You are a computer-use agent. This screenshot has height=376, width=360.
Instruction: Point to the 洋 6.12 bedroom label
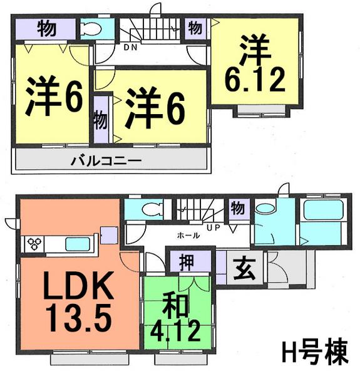255,65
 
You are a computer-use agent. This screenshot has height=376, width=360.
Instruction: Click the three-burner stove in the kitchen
33,243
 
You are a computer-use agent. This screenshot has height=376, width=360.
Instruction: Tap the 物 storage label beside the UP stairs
237,207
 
